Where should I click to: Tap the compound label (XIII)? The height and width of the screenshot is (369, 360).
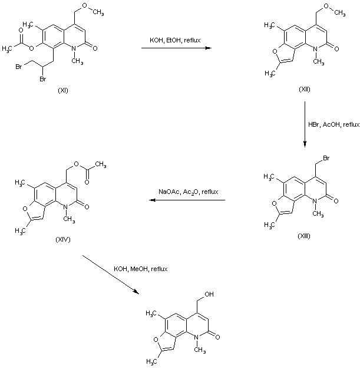pyautogui.click(x=304, y=235)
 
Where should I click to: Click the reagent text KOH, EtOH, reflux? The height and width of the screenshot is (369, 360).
pyautogui.click(x=175, y=40)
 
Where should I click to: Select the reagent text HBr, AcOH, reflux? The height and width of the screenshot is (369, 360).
pyautogui.click(x=333, y=125)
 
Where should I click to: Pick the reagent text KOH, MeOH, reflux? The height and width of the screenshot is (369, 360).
pyautogui.click(x=140, y=269)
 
